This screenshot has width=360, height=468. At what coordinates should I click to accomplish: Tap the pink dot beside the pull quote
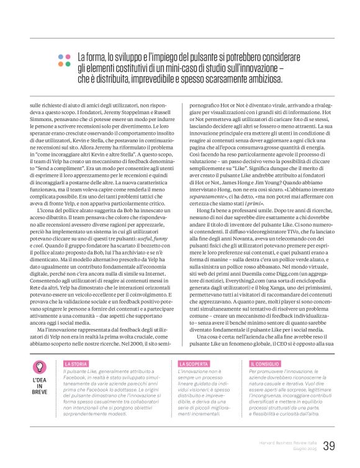[x=68, y=55]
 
